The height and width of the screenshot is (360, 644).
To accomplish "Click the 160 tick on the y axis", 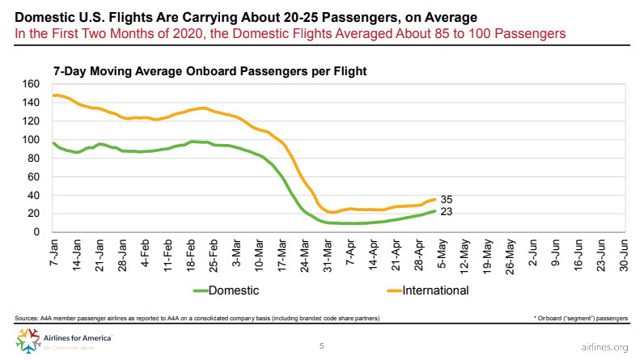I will (31, 83).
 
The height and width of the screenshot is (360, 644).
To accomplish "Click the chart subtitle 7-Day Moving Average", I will (210, 71).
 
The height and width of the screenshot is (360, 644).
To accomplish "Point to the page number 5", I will (322, 346).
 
